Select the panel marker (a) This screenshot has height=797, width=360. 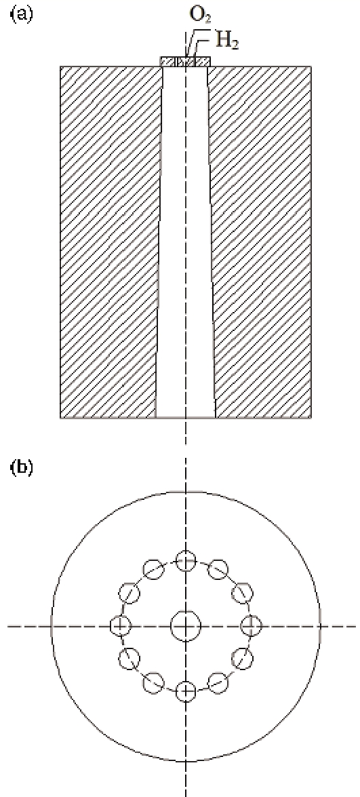click(x=21, y=14)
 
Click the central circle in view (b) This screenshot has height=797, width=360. click(x=186, y=625)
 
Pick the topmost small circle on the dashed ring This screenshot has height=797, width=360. click(x=186, y=561)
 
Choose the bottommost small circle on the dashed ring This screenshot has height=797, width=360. click(x=186, y=691)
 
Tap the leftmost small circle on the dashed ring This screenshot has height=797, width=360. click(x=121, y=625)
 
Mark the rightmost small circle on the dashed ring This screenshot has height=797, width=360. click(x=251, y=625)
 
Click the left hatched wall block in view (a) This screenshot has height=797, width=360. click(x=109, y=242)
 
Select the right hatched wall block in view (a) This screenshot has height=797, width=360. click(x=260, y=242)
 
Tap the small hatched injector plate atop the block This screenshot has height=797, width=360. click(x=185, y=62)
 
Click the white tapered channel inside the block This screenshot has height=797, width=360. click(x=185, y=242)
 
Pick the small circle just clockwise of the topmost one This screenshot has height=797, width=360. click(x=218, y=569)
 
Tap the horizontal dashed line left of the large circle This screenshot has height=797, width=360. click(x=29, y=625)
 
